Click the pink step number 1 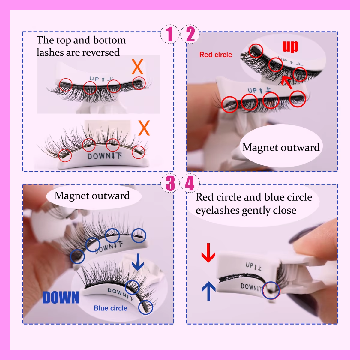click(170, 34)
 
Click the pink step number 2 click(190, 34)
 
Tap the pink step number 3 click(170, 183)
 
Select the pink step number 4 click(190, 183)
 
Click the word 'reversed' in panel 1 click(101, 52)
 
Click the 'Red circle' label click(216, 55)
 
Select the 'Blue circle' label click(111, 308)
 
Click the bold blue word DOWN click(61, 297)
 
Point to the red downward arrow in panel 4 click(208, 253)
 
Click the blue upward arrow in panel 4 click(209, 291)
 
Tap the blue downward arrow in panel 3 click(138, 262)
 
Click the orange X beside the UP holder click(137, 67)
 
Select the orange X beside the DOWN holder click(144, 128)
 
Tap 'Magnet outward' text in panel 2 click(281, 147)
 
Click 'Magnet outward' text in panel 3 click(92, 196)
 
